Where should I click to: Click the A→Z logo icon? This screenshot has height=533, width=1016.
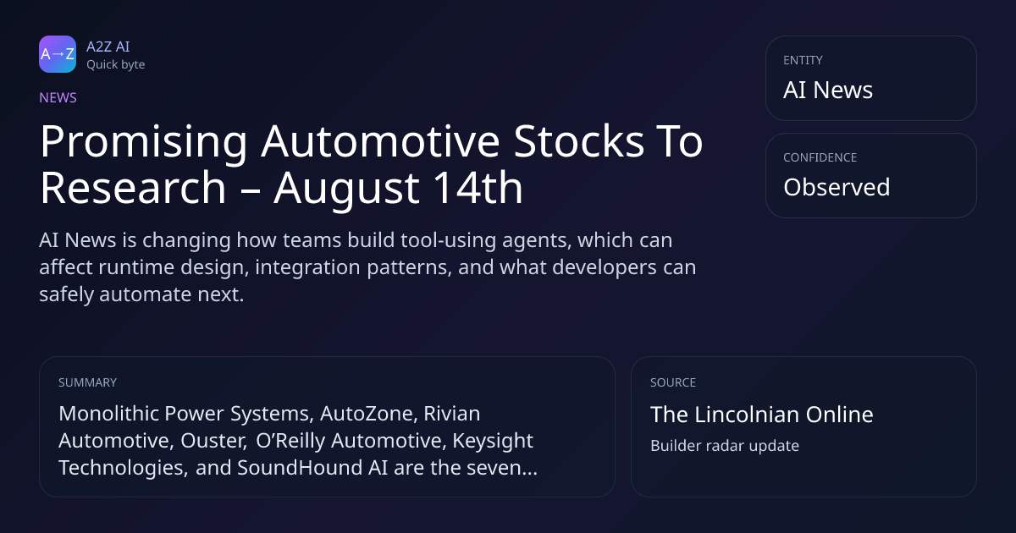(x=58, y=54)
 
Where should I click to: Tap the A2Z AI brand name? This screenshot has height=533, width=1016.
(x=108, y=47)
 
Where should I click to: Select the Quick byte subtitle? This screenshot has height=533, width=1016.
(x=116, y=65)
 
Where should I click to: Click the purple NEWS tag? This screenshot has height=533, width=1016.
(x=58, y=98)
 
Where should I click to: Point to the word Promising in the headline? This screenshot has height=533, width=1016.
(x=144, y=142)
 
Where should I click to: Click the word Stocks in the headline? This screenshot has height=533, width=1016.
(x=579, y=141)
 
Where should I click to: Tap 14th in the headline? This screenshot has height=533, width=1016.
(x=478, y=187)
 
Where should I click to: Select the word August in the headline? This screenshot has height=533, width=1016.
(x=346, y=190)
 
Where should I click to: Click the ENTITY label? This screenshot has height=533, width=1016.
(x=803, y=60)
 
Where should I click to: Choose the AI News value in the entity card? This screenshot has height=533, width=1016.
(x=828, y=90)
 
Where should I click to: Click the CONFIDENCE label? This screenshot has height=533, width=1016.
(x=820, y=157)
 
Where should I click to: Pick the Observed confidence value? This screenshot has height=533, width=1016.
(x=837, y=187)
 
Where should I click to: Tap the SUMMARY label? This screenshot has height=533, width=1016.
(x=87, y=382)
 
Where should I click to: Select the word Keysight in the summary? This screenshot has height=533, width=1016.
(x=493, y=442)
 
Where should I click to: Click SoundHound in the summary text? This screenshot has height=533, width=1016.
(x=300, y=468)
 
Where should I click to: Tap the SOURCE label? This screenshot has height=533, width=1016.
(x=673, y=382)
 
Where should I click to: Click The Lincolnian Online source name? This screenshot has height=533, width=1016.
(x=761, y=415)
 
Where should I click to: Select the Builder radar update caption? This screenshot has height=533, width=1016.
(x=725, y=446)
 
